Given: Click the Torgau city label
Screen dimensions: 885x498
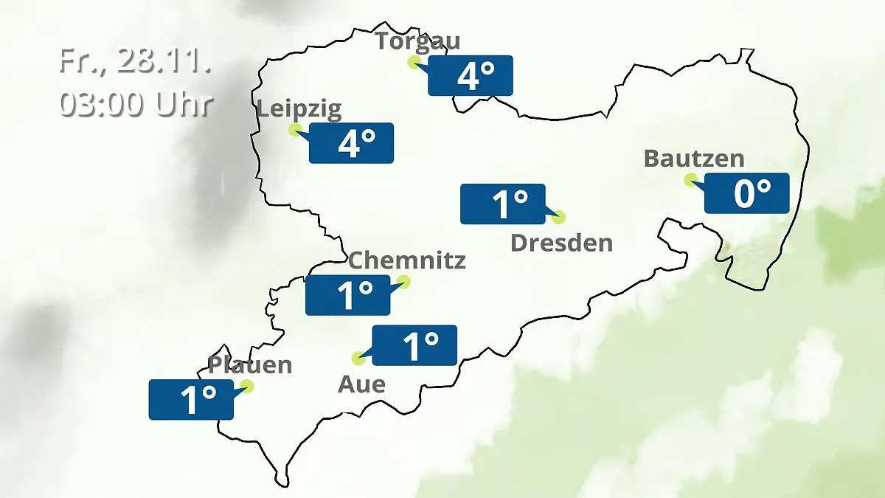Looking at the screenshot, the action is pos(417,41).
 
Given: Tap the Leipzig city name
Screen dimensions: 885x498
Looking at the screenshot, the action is pos(299,110).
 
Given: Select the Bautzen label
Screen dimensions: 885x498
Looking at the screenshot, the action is pos(694,158).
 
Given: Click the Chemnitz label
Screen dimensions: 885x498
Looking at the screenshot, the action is pos(406,260).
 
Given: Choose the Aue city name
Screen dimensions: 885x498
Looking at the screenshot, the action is pos(361,384).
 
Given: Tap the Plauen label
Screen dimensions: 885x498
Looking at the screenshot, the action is pos(250,364).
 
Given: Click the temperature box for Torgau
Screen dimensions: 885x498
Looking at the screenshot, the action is pos(471,75).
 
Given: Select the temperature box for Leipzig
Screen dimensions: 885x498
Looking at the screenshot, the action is pos(351,142).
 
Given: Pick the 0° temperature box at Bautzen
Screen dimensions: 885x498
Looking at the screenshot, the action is pos(747,193).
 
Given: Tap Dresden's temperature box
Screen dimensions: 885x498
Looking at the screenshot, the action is pos(503,204).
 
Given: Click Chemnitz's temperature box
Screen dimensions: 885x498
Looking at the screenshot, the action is pos(348,295).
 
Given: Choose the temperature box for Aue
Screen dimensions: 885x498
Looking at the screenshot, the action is pos(414,345).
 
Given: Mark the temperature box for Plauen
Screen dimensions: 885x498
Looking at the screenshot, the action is pos(191,400).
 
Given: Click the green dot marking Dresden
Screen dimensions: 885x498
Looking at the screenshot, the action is pos(558,217).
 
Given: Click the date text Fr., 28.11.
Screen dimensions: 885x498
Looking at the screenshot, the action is pos(136,62).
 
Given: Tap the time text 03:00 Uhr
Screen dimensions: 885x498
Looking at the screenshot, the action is pos(136,104).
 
